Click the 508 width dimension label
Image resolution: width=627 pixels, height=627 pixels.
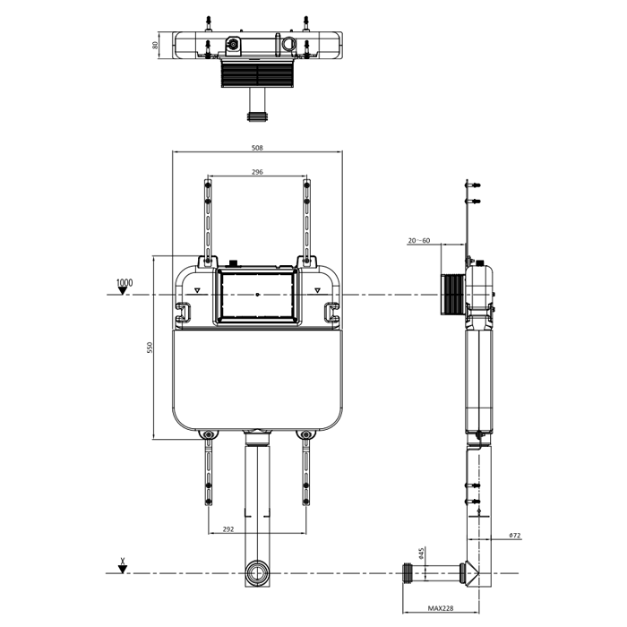pos(257,148)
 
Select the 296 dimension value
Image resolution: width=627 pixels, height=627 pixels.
pos(257,172)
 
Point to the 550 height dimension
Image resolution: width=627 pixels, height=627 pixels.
pos(150,348)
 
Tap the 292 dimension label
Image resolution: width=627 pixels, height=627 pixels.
pos(228,529)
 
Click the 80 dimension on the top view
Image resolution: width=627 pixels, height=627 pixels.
pos(155,45)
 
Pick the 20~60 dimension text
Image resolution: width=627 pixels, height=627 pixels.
pos(418,240)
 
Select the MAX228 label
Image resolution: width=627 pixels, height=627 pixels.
pos(441,608)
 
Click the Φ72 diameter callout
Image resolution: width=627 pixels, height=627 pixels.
pos(515,536)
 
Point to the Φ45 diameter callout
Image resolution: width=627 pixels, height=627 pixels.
pos(420,553)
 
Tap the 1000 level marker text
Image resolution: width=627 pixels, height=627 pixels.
pos(125,283)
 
